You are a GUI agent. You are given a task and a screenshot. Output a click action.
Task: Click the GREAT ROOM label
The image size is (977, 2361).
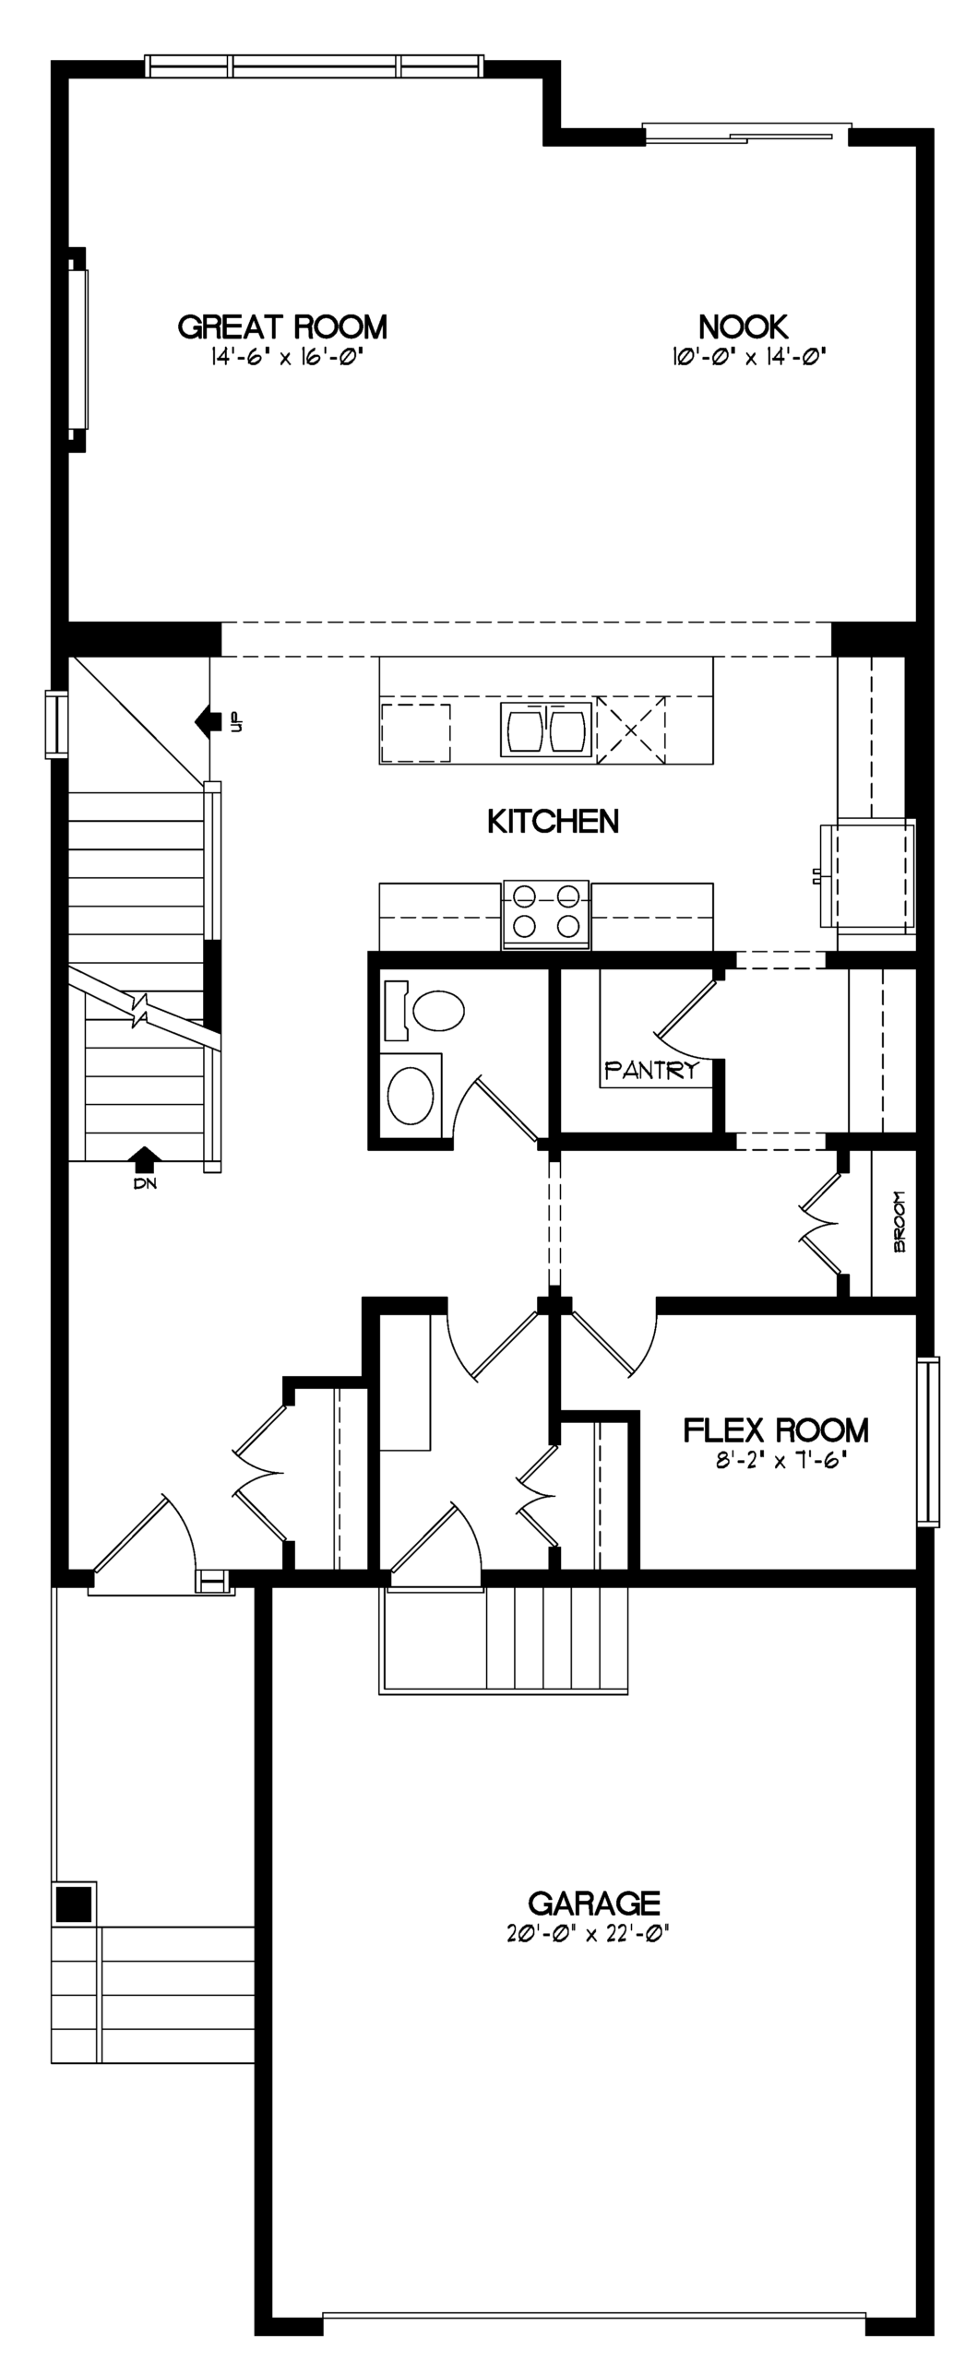coord(282,326)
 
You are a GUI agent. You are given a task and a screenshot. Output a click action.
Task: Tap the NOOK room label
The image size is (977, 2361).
coord(743,326)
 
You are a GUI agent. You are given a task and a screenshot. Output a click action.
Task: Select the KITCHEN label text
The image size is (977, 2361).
coord(553,821)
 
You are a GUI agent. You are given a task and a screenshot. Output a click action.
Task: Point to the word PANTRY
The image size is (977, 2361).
coord(651,1070)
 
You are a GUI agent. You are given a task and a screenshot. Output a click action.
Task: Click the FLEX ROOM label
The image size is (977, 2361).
coord(776,1430)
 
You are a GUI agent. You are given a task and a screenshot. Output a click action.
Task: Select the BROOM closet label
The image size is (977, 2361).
coord(900,1221)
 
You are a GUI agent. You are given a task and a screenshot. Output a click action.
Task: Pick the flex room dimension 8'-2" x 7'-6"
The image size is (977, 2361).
coord(780,1462)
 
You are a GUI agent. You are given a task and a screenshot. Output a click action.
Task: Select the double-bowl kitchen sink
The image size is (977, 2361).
coord(545,729)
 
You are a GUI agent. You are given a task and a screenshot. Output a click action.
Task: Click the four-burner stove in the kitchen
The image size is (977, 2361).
coord(546,914)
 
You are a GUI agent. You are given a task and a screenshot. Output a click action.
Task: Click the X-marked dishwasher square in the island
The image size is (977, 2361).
coord(631,730)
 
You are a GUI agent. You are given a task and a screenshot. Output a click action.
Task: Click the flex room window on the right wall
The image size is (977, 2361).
coord(927,1442)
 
